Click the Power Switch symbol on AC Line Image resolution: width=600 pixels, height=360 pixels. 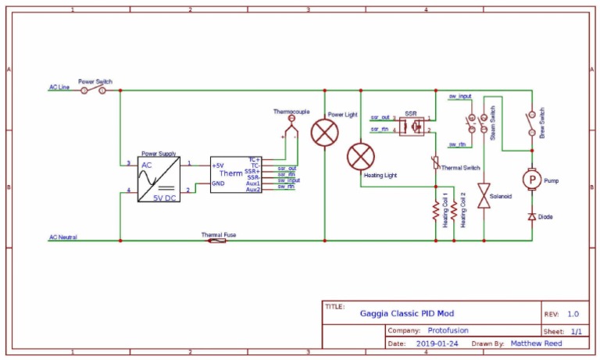point(95,89)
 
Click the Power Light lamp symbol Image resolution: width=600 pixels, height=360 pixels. point(323,133)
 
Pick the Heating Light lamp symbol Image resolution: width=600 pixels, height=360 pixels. point(360,157)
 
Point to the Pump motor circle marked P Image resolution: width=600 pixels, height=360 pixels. point(531,180)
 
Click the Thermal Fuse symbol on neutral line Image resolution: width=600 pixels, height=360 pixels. point(217,241)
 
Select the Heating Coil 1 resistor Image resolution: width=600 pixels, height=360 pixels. point(435,212)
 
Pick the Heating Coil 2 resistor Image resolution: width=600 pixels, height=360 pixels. point(453,212)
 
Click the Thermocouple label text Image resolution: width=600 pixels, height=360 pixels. point(292,112)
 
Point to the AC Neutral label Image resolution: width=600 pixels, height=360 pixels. point(63,237)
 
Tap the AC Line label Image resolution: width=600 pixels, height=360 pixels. point(59,87)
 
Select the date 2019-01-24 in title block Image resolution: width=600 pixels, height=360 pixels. point(437,343)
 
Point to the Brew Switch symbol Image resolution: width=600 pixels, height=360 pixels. point(531,121)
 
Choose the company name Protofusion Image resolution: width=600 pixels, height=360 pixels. point(454,330)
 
